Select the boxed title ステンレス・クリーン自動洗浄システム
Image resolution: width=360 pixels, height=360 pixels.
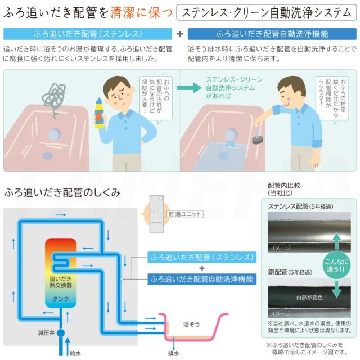266,11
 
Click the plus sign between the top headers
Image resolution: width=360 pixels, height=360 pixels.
179,33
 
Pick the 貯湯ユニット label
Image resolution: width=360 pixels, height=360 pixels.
185,214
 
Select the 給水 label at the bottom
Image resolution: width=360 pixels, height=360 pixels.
75,353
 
